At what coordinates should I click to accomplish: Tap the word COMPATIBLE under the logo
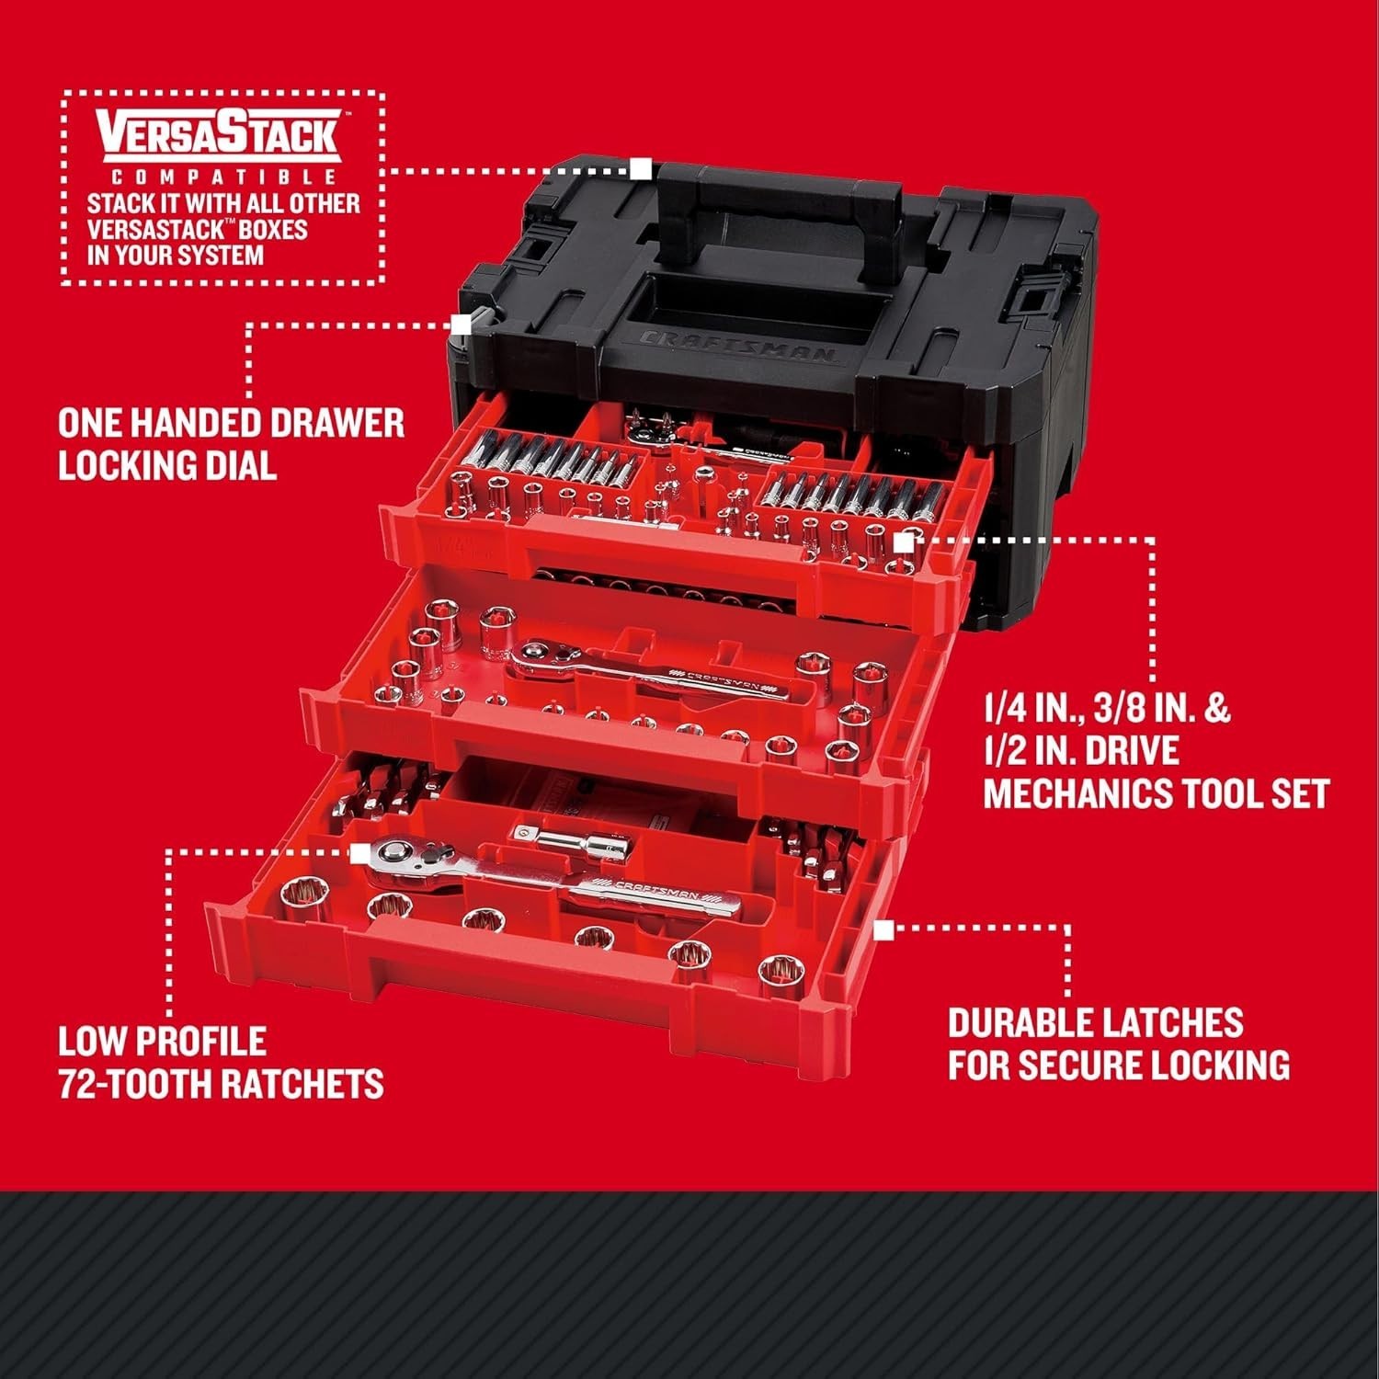[x=221, y=177]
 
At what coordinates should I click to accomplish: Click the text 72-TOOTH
[x=119, y=1084]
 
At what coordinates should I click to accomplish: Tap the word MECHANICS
[x=1077, y=792]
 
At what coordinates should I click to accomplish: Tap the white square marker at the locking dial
[x=461, y=325]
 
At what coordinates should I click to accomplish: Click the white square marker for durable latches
[x=883, y=930]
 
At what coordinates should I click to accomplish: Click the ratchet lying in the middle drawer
[x=644, y=676]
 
